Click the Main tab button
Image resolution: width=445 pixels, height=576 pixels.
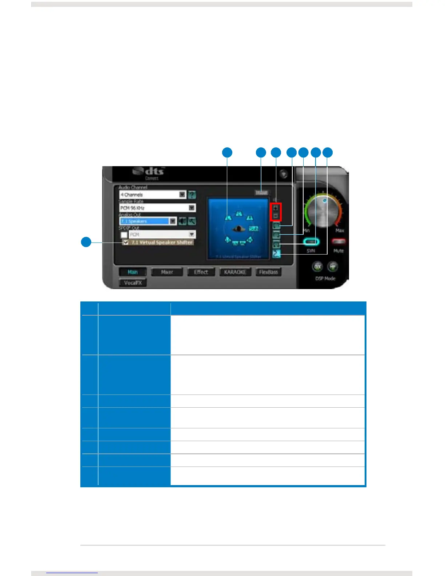click(x=133, y=272)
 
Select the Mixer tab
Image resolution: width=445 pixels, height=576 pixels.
click(x=167, y=272)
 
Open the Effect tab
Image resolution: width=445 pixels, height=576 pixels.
click(x=201, y=272)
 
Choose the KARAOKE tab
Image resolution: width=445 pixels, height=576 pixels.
click(x=235, y=272)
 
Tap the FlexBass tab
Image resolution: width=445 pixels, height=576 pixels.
click(x=268, y=272)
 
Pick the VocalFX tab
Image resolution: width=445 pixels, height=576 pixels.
click(x=133, y=283)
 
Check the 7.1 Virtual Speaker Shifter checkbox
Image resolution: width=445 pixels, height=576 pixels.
click(x=126, y=243)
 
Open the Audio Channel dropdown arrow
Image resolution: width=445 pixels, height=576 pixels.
click(x=182, y=195)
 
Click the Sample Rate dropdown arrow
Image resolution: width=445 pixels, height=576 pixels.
click(x=192, y=208)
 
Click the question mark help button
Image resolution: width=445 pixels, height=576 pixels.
click(x=192, y=195)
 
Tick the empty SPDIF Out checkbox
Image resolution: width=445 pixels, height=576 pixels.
click(x=124, y=235)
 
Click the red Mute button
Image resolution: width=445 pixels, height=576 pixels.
click(x=338, y=241)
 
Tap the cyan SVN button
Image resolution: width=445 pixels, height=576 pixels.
click(x=311, y=242)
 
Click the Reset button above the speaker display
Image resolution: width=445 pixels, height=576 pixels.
click(x=261, y=193)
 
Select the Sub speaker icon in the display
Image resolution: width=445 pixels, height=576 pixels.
click(x=253, y=228)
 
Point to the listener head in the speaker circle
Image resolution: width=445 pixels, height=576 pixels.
click(x=239, y=229)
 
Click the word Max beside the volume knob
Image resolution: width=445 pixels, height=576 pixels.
click(x=340, y=231)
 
